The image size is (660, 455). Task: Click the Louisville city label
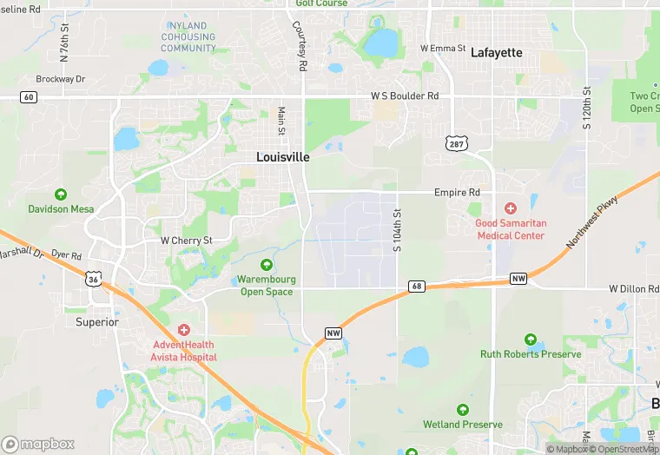[x=283, y=157]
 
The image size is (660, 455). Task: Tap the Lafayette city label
[x=497, y=53]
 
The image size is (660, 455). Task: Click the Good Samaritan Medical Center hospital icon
[x=511, y=208]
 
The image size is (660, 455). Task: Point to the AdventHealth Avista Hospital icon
[x=183, y=329]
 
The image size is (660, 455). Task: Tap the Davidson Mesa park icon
[x=61, y=195]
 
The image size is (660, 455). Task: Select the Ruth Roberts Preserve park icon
[x=530, y=340]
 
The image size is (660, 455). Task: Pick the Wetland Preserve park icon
[x=463, y=410]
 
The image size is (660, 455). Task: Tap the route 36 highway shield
[x=94, y=279]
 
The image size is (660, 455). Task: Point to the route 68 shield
[x=417, y=286]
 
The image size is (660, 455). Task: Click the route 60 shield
[x=29, y=97]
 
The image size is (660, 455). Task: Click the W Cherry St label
[x=187, y=241]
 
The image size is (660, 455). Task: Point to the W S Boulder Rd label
[x=405, y=96]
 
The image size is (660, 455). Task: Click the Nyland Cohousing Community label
[x=188, y=37]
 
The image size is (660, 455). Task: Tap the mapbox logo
[x=37, y=444]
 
